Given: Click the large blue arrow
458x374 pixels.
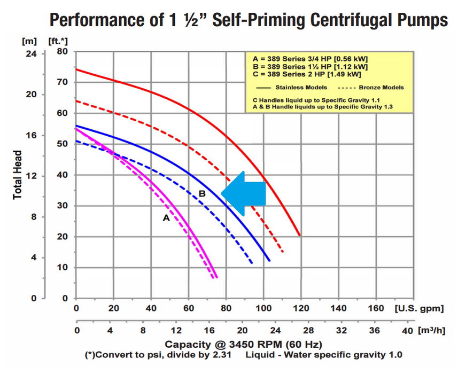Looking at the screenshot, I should pyautogui.click(x=244, y=193).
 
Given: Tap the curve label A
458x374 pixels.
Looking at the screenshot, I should pyautogui.click(x=166, y=217).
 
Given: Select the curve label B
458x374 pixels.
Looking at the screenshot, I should pyautogui.click(x=202, y=193).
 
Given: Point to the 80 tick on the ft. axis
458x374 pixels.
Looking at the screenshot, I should pyautogui.click(x=63, y=52).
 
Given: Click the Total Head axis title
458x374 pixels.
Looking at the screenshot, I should pyautogui.click(x=18, y=175).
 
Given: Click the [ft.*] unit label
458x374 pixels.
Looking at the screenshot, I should pyautogui.click(x=59, y=41).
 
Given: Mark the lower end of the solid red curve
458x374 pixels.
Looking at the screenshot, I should pyautogui.click(x=299, y=235).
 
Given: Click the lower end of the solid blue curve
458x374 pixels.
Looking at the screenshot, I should pyautogui.click(x=269, y=260).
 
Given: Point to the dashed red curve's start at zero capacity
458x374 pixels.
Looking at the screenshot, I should pyautogui.click(x=76, y=100).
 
